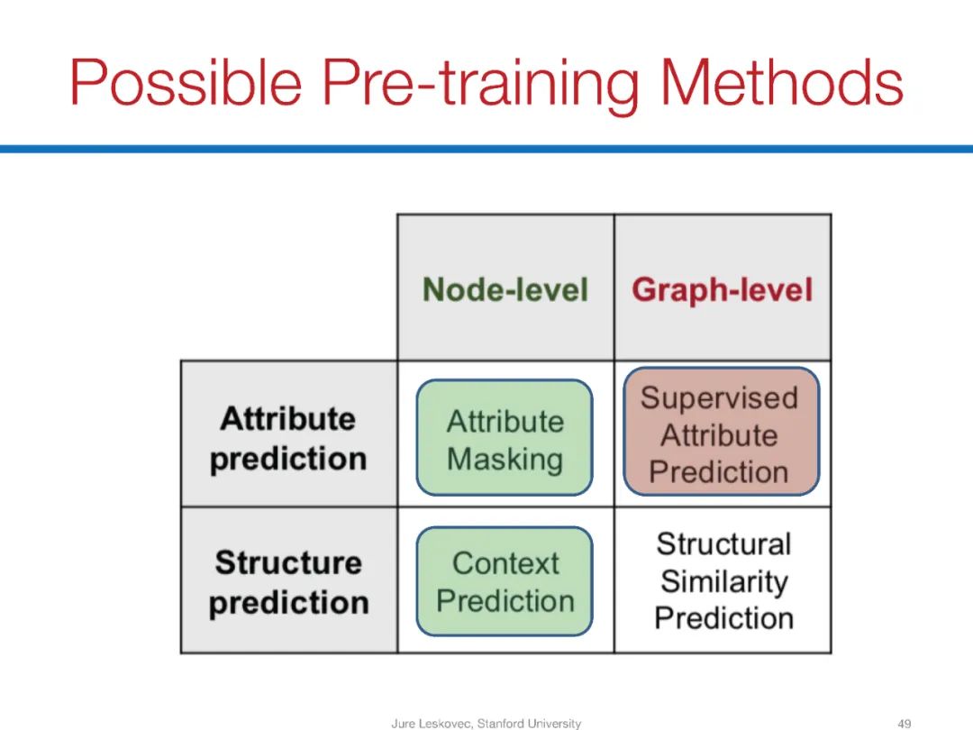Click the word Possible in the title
click(x=186, y=83)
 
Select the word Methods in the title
click(x=781, y=82)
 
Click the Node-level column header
click(x=505, y=289)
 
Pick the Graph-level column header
click(x=723, y=289)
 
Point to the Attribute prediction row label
click(x=288, y=439)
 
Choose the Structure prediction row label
click(x=288, y=582)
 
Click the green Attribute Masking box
click(x=505, y=438)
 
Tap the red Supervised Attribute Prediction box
click(x=721, y=432)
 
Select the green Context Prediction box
click(x=505, y=581)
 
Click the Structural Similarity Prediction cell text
click(x=723, y=581)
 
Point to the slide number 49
click(x=905, y=723)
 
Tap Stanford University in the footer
click(x=529, y=723)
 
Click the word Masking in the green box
click(x=505, y=460)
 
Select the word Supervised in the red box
click(x=719, y=398)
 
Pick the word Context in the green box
click(x=505, y=563)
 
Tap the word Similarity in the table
click(x=724, y=581)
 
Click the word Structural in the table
click(x=723, y=544)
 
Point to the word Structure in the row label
click(x=288, y=563)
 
